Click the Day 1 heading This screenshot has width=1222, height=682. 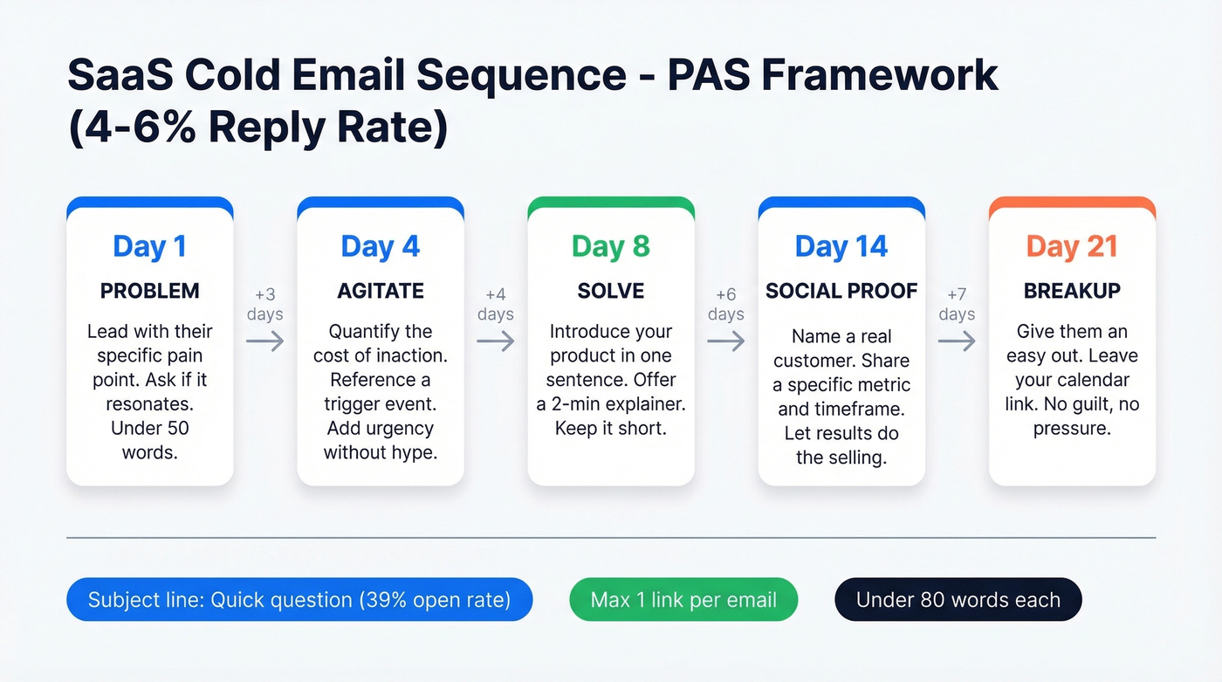[149, 247]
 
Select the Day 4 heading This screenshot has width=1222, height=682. [380, 247]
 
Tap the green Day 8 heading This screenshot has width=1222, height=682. [611, 247]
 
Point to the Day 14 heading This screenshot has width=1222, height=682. [841, 247]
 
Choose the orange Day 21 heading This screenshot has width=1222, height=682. [1072, 247]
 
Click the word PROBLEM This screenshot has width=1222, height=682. [149, 291]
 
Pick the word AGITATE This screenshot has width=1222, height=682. [380, 291]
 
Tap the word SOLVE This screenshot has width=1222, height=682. [611, 291]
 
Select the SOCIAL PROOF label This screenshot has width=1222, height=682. [841, 291]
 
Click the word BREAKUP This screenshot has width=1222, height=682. [1072, 291]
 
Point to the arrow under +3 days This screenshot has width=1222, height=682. [265, 341]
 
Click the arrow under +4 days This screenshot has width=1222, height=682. [496, 341]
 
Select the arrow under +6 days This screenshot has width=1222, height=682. [726, 341]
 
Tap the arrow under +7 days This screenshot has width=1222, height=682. [957, 341]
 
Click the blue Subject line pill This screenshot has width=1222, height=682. [299, 600]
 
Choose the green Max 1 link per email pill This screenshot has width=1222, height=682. [683, 600]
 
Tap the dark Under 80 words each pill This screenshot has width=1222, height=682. [958, 600]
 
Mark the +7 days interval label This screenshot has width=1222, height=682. [957, 304]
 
